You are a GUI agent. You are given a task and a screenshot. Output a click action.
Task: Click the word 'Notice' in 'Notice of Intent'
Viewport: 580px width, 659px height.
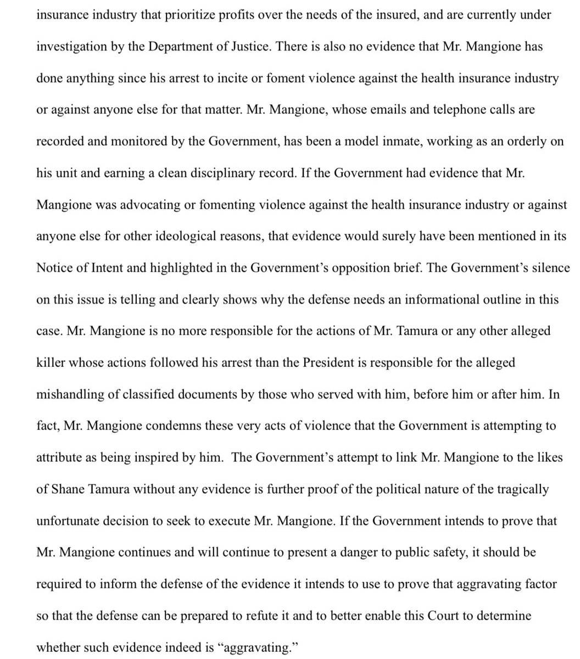[x=53, y=269]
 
